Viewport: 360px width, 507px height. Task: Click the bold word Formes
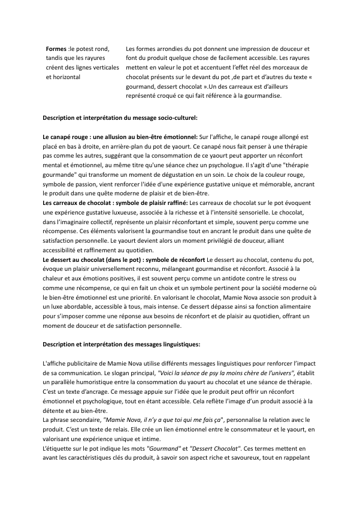click(56, 48)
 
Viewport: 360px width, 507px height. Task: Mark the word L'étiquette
click(60, 450)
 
